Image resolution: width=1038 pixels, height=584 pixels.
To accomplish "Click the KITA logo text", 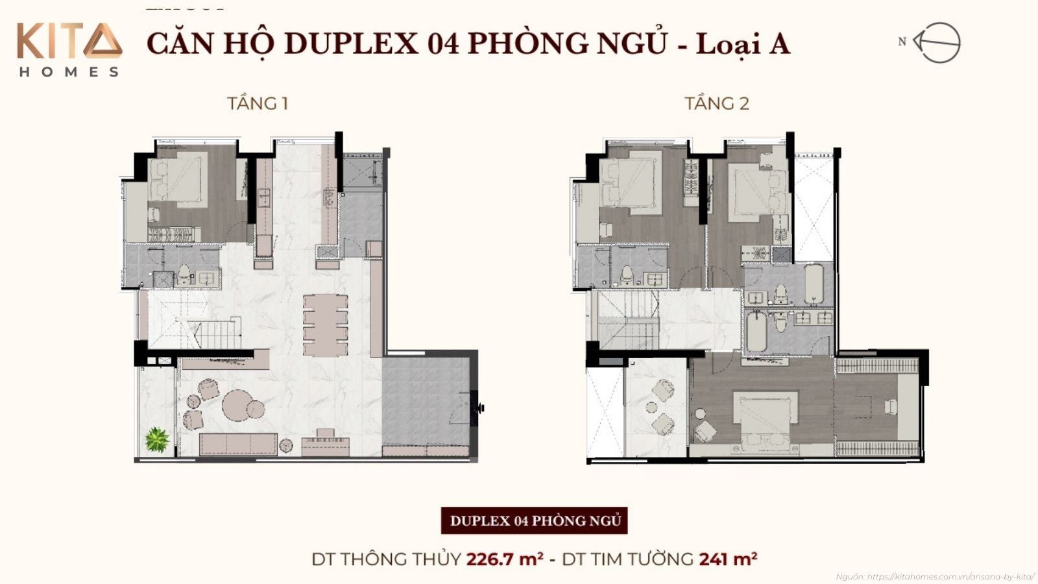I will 69,42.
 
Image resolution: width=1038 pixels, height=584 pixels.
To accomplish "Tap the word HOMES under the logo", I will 69,72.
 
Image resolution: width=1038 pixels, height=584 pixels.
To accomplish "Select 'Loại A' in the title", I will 743,43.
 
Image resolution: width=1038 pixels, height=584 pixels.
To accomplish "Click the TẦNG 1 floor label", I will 258,104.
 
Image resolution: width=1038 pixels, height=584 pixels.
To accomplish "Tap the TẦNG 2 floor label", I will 717,104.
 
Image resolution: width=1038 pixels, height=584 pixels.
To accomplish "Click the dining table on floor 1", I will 325,325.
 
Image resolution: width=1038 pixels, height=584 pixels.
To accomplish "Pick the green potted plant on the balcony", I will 156,440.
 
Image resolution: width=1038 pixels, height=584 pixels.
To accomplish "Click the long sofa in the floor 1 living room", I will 238,444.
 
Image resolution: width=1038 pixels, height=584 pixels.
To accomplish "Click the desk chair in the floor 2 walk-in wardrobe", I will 890,406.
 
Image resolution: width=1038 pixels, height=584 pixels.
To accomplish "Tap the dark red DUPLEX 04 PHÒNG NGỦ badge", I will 535,521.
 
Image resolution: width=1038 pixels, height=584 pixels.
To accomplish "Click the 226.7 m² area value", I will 505,559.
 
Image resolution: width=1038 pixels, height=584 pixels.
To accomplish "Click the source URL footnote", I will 935,576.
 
